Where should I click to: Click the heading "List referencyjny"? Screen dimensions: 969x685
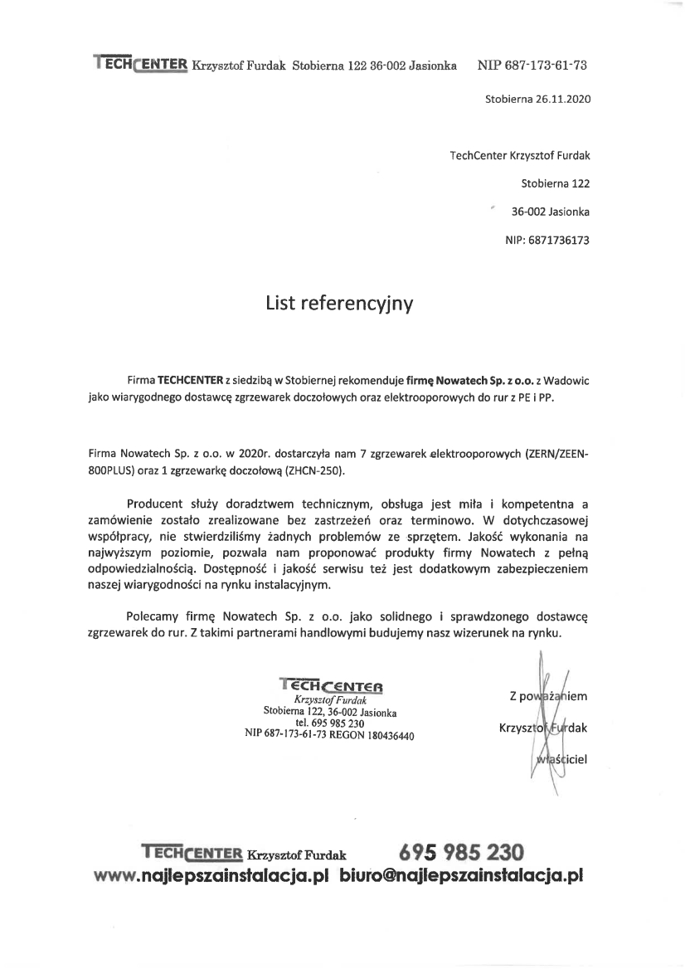tap(338, 304)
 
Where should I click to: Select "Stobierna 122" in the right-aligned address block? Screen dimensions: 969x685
tap(556, 183)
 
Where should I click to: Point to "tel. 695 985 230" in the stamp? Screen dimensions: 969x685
tap(329, 723)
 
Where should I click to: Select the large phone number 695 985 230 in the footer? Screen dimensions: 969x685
tap(461, 851)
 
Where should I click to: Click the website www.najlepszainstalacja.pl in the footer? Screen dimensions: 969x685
tap(213, 875)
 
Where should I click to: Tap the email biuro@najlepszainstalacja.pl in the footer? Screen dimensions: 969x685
tap(462, 875)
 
